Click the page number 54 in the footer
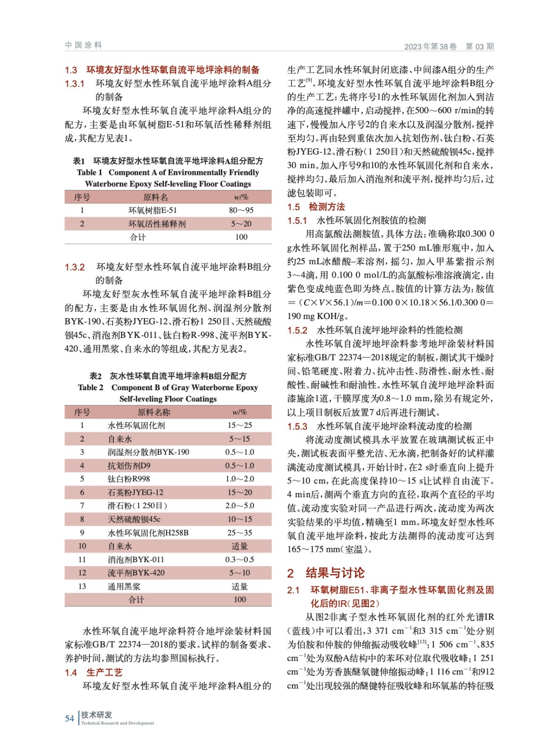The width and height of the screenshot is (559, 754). [69, 718]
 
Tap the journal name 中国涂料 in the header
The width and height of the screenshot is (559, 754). [83, 45]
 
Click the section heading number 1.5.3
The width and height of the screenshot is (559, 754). [297, 426]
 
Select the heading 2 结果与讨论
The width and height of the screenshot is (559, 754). [326, 573]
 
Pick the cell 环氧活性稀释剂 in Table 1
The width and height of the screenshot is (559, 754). [157, 224]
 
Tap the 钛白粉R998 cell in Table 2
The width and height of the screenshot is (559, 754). [129, 479]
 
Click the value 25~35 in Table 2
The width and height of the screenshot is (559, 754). [240, 533]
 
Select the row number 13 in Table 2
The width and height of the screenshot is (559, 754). [82, 586]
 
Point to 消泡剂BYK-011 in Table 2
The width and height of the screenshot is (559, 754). [136, 559]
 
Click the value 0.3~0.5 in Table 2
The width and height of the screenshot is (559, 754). [240, 559]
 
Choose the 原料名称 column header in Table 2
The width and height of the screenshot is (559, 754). [154, 412]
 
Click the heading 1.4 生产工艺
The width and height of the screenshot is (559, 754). [93, 672]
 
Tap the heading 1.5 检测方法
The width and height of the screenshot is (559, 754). [316, 206]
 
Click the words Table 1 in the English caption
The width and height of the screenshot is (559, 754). [89, 172]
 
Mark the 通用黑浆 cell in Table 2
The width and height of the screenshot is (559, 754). [124, 586]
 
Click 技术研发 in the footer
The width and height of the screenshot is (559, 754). [97, 714]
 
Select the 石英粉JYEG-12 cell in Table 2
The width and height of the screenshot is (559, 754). [135, 492]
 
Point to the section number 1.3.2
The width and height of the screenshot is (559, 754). [74, 267]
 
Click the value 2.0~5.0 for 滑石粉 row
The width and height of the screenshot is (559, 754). [240, 506]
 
